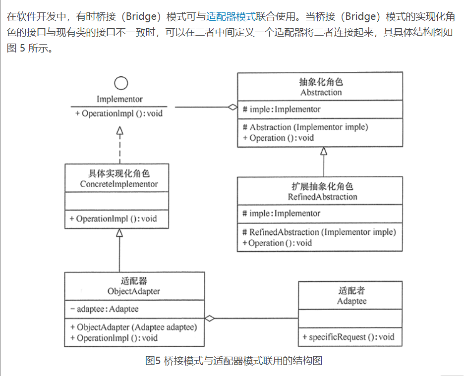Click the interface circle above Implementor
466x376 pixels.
point(120,83)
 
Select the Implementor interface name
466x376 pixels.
point(119,99)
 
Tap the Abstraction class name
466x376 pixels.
point(321,92)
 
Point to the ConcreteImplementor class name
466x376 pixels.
point(119,184)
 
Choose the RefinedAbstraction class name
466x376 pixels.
point(322,197)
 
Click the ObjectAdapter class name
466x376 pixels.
point(133,291)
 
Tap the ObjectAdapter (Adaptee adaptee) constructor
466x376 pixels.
point(133,327)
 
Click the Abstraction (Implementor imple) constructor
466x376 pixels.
point(305,127)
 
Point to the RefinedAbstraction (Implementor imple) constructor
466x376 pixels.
point(319,232)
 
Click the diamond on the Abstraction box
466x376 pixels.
point(232,107)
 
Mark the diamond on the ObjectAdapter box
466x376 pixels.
point(210,319)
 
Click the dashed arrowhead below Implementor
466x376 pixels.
point(119,130)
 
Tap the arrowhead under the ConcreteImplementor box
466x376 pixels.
point(119,232)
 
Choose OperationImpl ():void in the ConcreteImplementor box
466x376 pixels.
point(113,218)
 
